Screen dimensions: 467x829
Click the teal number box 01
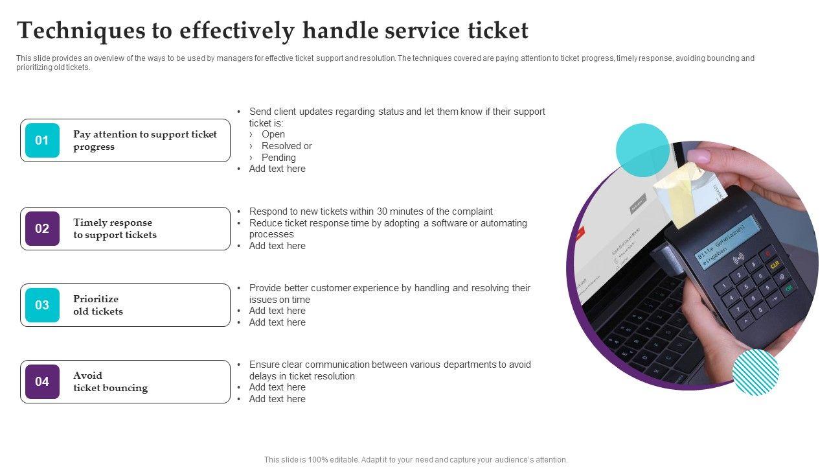42,140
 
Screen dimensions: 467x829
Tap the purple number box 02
42,228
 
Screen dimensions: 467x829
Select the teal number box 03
42,305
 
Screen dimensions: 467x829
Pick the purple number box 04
42,381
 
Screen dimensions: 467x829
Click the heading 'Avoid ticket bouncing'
110,381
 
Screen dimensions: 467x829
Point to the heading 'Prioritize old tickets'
98,305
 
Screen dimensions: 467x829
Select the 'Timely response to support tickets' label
115,228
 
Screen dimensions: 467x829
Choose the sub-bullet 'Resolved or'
286,146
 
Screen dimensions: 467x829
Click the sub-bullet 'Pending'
278,158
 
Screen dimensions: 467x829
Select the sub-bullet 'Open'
273,134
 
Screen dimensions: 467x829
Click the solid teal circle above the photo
642,150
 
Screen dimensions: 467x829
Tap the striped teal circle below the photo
756,372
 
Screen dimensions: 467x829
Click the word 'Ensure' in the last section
264,365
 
